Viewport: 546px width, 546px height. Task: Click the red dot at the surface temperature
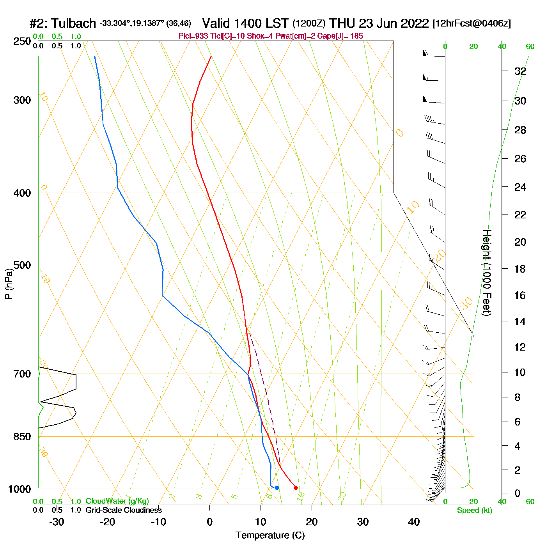coord(296,487)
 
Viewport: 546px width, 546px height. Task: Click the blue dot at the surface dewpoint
coord(277,487)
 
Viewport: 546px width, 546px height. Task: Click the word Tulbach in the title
coord(73,23)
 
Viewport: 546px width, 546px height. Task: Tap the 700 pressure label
coord(22,374)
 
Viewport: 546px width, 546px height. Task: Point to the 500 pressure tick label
coord(22,265)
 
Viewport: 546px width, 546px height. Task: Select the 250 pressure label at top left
coord(22,41)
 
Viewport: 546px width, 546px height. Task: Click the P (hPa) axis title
coord(9,284)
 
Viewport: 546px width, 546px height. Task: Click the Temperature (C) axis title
coord(270,535)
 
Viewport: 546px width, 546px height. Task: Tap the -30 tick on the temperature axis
coord(57,522)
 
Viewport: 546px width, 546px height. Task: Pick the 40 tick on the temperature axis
coord(414,522)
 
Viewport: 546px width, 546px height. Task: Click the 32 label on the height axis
coord(520,71)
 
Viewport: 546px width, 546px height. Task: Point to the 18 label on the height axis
coord(520,269)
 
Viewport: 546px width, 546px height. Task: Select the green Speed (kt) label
coord(474,511)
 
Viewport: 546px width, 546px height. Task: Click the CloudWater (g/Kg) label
coord(117,501)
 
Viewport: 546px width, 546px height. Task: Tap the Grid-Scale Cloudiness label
coord(124,510)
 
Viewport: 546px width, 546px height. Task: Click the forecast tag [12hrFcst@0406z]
coord(472,23)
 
